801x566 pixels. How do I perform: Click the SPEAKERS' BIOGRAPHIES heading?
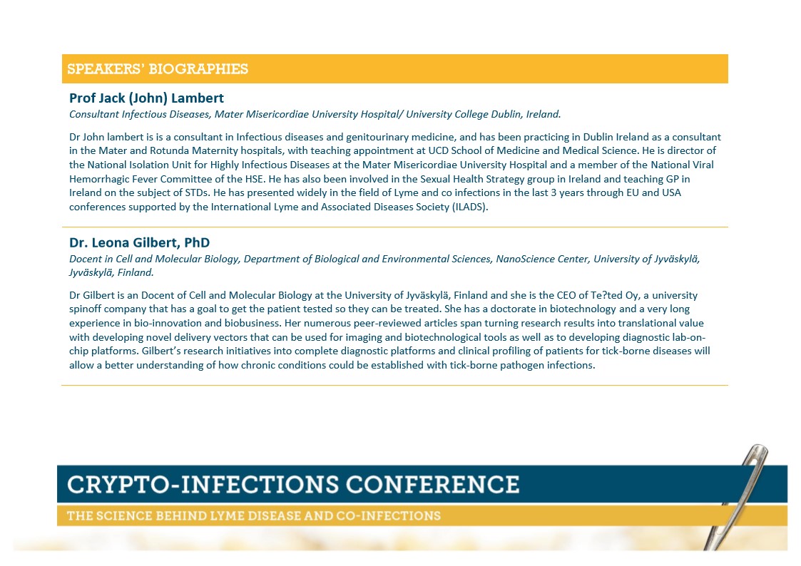coord(158,69)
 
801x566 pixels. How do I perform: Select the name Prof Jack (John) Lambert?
coord(147,98)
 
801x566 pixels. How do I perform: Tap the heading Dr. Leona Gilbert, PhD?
coord(140,242)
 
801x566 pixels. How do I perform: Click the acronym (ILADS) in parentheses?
coord(470,207)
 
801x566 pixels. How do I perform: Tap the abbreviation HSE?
coord(254,179)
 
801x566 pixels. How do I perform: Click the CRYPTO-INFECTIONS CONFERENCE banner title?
coord(293,484)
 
